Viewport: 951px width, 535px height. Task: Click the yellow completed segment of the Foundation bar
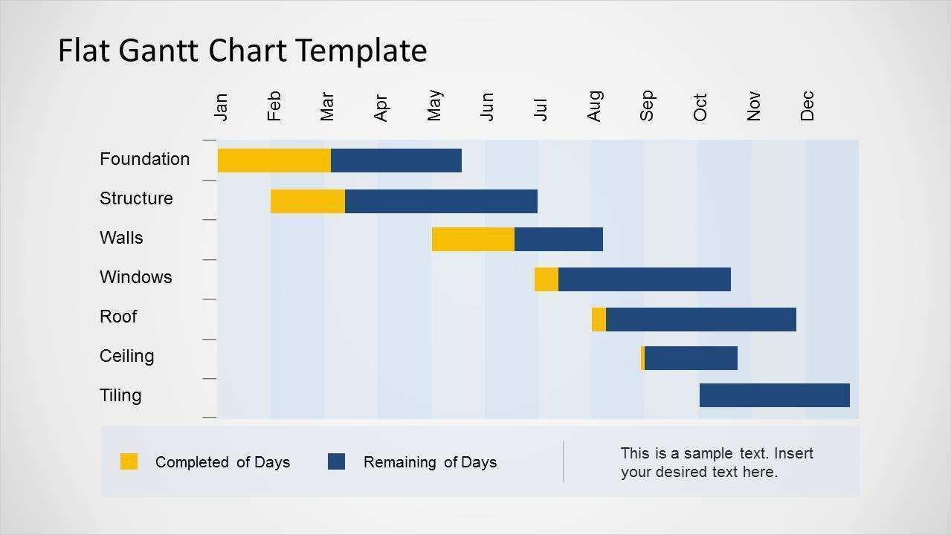(x=274, y=160)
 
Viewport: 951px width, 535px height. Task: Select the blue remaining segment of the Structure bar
(x=441, y=201)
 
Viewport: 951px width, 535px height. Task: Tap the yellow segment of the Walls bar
(x=473, y=239)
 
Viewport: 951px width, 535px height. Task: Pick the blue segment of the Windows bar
(x=644, y=279)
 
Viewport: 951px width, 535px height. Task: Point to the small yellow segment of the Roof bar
(x=599, y=320)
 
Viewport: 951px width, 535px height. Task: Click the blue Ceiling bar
(x=691, y=358)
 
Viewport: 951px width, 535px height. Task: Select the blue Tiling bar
(x=774, y=395)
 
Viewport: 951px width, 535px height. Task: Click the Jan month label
(x=221, y=106)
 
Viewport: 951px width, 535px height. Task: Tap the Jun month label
(x=487, y=106)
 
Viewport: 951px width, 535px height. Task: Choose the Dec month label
(x=807, y=106)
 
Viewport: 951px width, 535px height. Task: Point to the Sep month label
(x=647, y=106)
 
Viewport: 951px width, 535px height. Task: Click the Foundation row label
(x=144, y=159)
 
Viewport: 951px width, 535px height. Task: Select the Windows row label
(x=135, y=277)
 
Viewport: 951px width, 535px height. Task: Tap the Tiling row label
(x=120, y=395)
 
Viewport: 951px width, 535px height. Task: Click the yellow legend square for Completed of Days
(x=129, y=461)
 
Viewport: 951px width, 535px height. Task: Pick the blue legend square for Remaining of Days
(x=336, y=461)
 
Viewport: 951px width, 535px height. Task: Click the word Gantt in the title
(x=164, y=51)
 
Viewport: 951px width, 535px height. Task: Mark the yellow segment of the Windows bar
(x=546, y=279)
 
